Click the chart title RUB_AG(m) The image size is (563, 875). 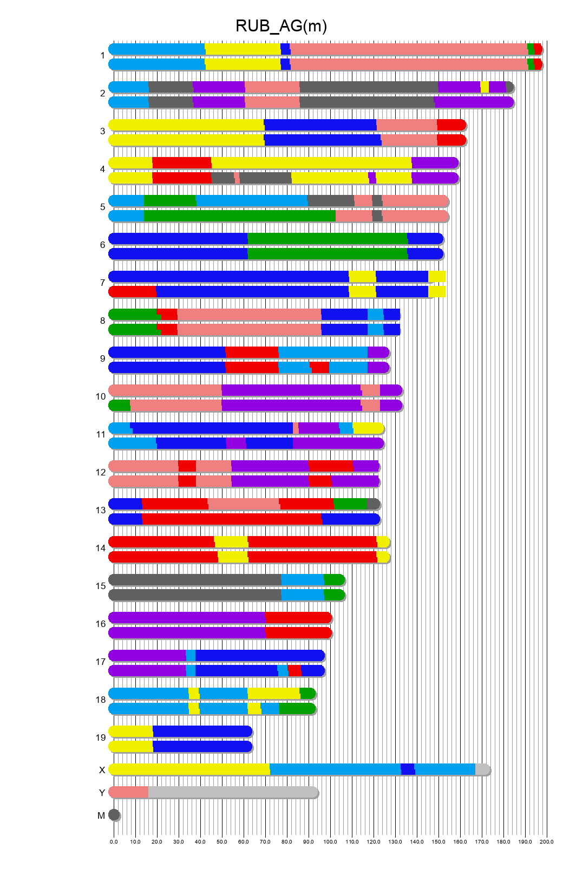click(281, 26)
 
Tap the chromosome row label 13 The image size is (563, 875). click(101, 510)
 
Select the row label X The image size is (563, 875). click(102, 770)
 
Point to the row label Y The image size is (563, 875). click(102, 793)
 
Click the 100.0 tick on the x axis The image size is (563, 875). click(330, 841)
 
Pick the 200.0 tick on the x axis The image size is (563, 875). click(547, 841)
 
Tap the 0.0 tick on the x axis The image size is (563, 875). click(114, 841)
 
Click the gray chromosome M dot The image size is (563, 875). click(114, 815)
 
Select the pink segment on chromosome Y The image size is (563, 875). click(129, 792)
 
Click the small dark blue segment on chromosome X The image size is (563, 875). click(408, 769)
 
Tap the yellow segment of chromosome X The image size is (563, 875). click(189, 769)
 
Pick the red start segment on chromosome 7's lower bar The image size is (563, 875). click(133, 292)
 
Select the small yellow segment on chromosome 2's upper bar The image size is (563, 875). click(485, 87)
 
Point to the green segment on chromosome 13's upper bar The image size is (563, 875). click(350, 504)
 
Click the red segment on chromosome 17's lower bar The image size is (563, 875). click(294, 671)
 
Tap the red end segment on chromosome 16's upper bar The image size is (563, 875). click(298, 618)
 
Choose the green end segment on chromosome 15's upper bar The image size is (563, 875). click(334, 580)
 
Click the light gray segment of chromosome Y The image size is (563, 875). click(233, 792)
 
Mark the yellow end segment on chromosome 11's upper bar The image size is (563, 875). click(368, 428)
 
